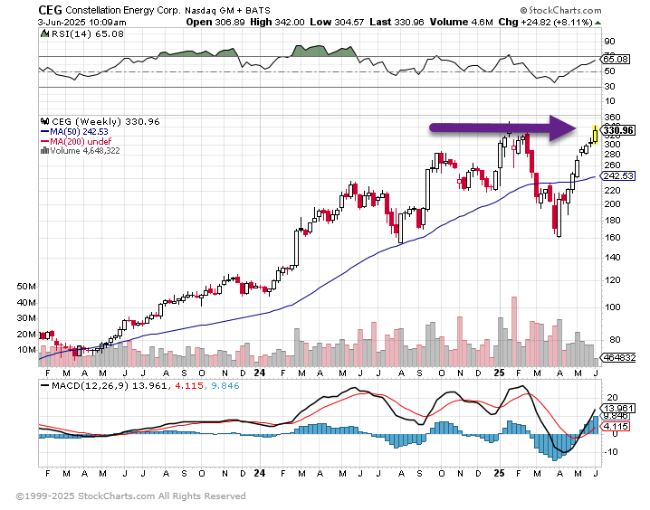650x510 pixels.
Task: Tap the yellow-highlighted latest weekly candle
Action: (595, 134)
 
